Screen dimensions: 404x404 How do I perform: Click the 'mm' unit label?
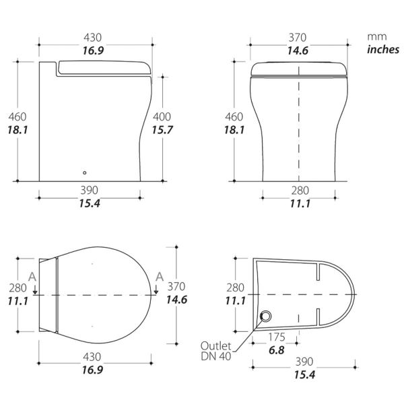[375, 37]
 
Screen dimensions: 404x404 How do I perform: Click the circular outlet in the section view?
[267, 316]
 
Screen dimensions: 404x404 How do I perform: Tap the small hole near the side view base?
[83, 172]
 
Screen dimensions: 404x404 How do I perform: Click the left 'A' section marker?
[33, 276]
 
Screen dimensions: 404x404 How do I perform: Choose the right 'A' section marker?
[158, 276]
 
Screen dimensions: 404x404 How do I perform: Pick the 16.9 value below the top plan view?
[92, 370]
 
